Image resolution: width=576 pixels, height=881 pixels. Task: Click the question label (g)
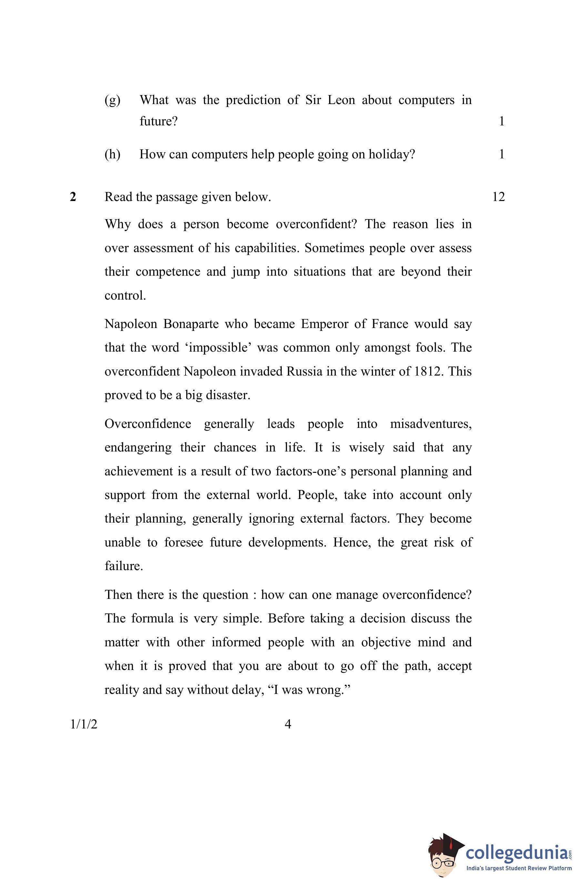pyautogui.click(x=112, y=100)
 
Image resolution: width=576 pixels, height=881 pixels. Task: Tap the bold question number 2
pyautogui.click(x=73, y=197)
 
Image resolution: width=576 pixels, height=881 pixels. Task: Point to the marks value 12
pyautogui.click(x=498, y=197)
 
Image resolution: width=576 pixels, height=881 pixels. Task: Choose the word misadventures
pyautogui.click(x=431, y=424)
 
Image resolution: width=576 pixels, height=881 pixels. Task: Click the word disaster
pyautogui.click(x=228, y=395)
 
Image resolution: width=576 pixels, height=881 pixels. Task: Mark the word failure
pyautogui.click(x=124, y=566)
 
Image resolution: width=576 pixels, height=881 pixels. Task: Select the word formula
pyautogui.click(x=152, y=619)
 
